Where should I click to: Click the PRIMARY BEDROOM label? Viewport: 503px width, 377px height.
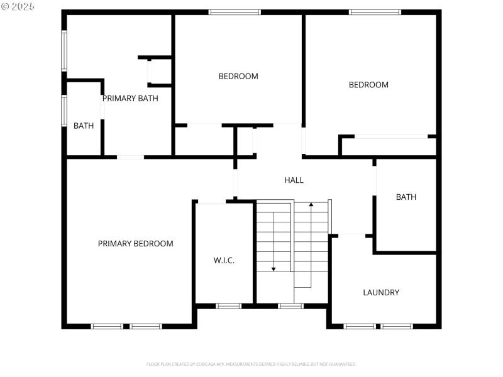(x=135, y=244)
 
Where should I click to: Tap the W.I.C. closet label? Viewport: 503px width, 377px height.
(x=224, y=260)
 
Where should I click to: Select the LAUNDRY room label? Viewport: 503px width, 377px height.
(x=381, y=292)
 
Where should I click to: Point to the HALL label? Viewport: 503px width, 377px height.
(x=294, y=180)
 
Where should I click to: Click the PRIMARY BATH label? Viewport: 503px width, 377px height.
(x=130, y=98)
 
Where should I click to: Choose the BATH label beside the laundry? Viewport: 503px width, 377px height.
(x=406, y=197)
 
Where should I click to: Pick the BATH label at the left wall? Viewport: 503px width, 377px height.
(x=84, y=126)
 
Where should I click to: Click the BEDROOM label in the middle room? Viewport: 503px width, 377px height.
(x=238, y=77)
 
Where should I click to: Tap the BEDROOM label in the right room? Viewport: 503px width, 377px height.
(x=368, y=85)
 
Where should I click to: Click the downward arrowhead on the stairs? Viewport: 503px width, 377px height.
(x=274, y=268)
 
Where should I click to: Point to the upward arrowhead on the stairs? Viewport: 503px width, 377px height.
(x=311, y=205)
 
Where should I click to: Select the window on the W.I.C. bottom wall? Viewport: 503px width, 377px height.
(x=228, y=306)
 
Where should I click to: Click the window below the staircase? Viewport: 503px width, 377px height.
(x=290, y=306)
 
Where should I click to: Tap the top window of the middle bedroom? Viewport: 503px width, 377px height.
(x=235, y=12)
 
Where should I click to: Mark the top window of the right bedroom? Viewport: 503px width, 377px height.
(x=375, y=12)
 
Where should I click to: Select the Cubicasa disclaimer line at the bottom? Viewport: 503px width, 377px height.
(x=251, y=364)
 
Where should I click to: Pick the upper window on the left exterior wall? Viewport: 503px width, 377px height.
(x=64, y=51)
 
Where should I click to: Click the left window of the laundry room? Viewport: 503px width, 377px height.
(x=360, y=326)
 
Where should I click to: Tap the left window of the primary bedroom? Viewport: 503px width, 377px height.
(x=107, y=326)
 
